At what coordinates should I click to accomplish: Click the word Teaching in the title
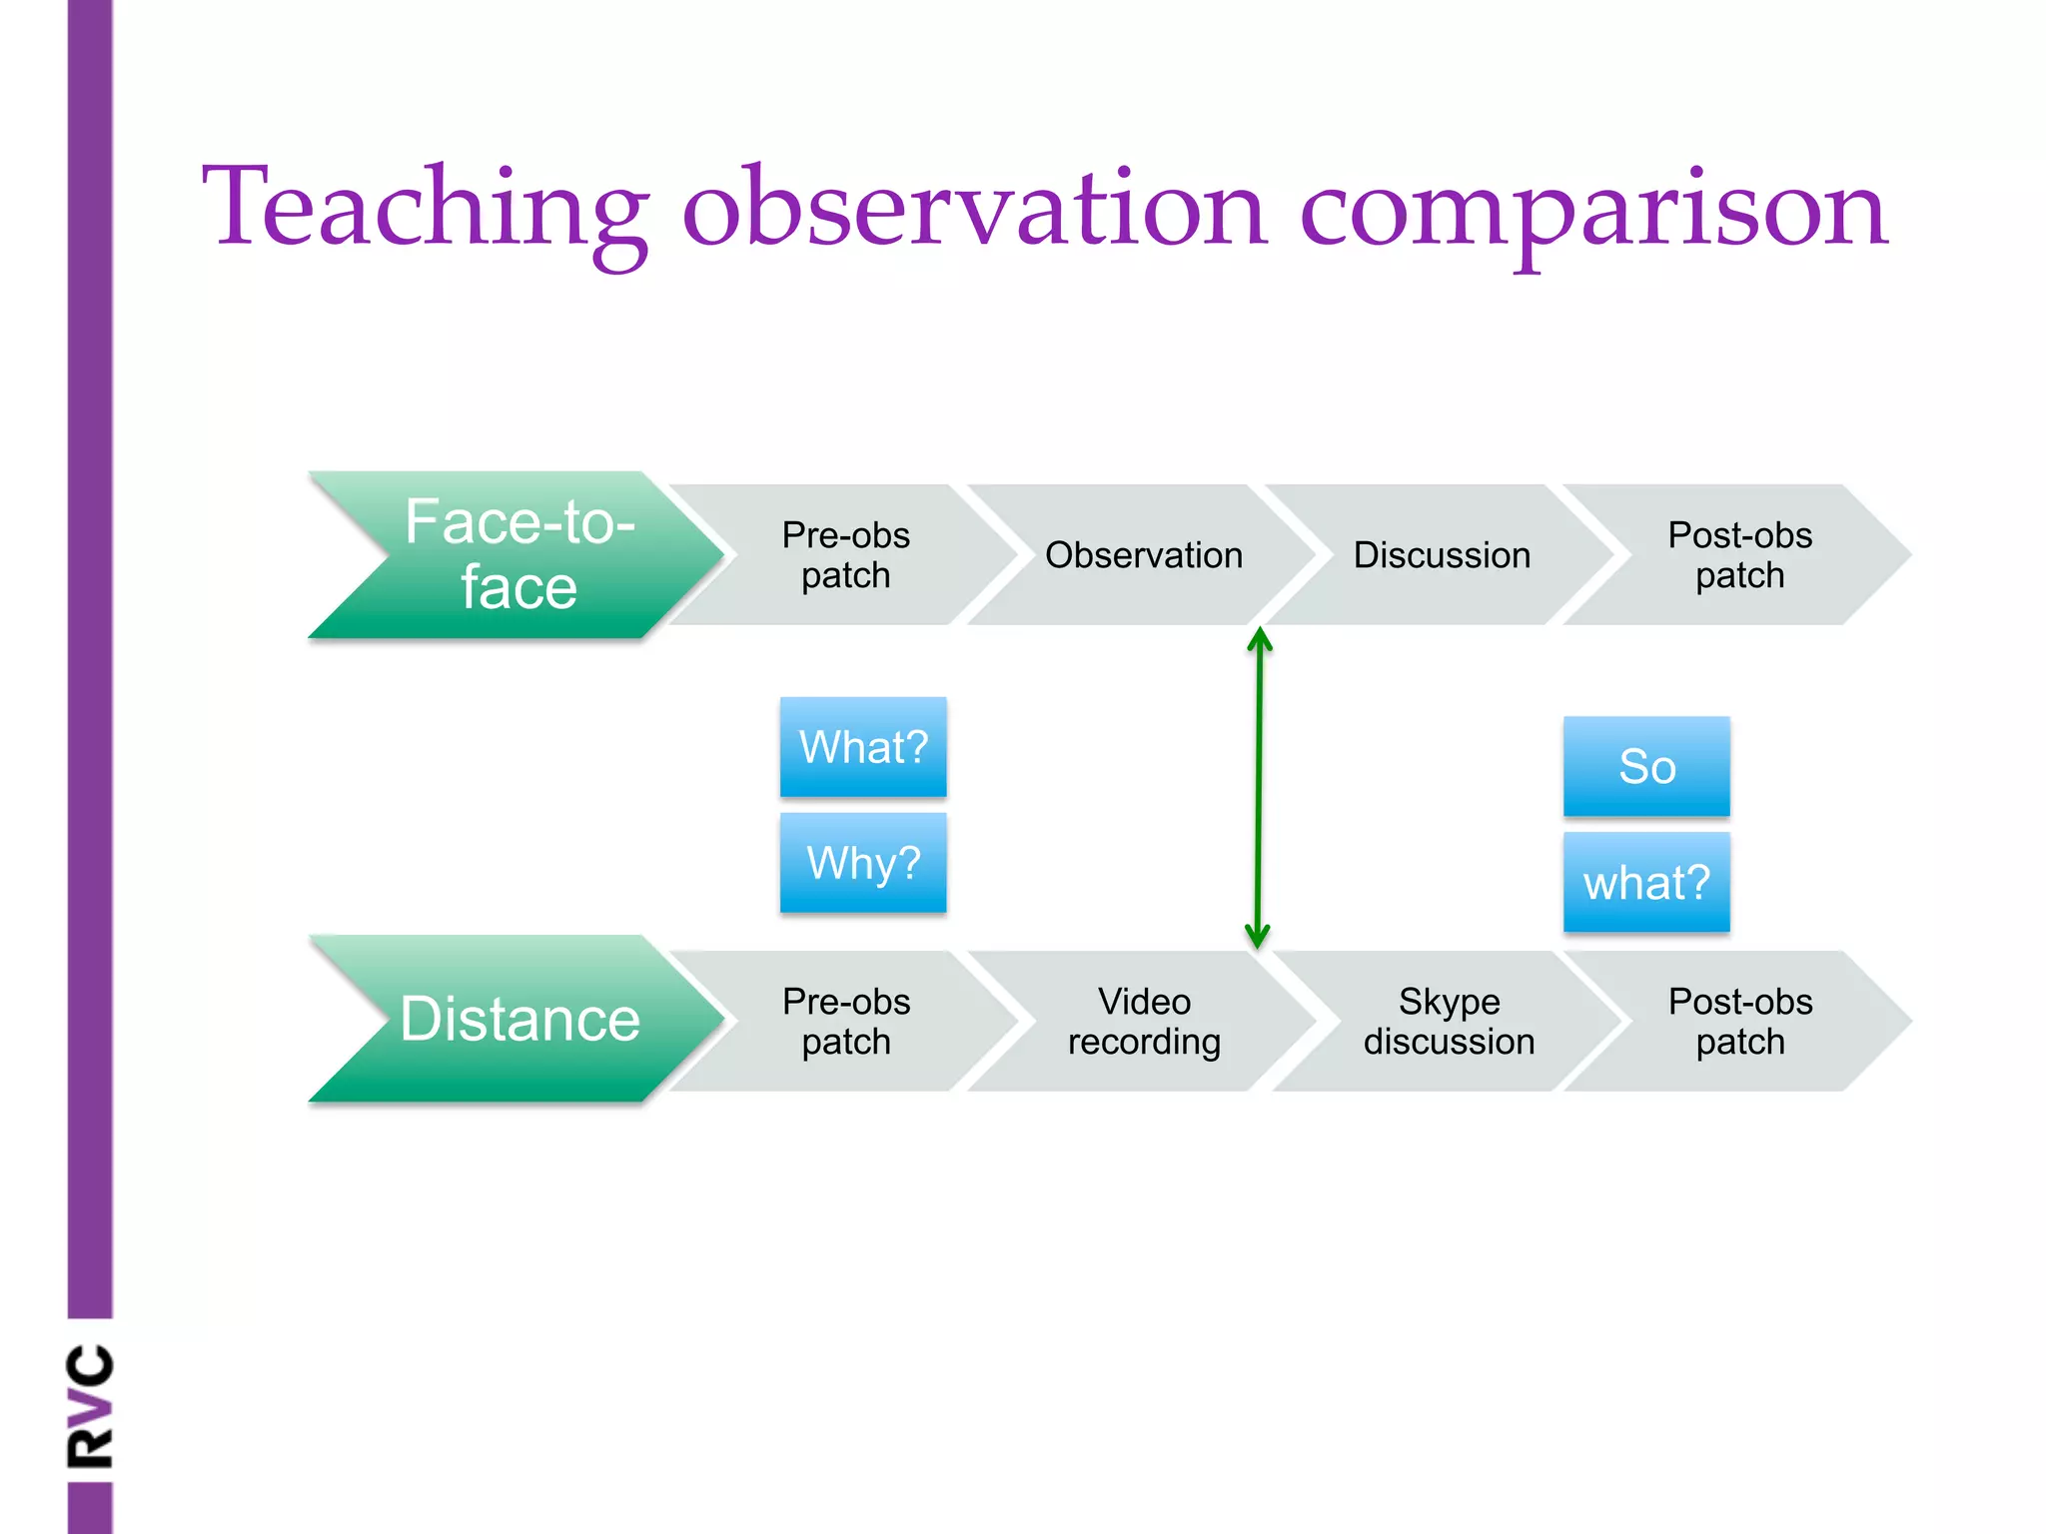(x=425, y=210)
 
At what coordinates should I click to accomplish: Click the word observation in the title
(x=974, y=210)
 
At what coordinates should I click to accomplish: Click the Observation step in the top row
(x=1144, y=555)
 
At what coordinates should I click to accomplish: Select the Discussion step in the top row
(x=1442, y=555)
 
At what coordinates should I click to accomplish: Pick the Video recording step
(x=1144, y=1021)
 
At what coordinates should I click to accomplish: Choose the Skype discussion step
(x=1449, y=1021)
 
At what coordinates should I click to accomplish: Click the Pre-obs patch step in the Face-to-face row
(x=845, y=555)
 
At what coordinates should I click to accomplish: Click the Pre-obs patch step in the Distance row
(x=845, y=1021)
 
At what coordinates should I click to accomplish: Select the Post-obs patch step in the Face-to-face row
(x=1739, y=555)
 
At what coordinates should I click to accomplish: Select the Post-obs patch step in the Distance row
(x=1739, y=1021)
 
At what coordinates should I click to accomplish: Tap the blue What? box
(x=863, y=747)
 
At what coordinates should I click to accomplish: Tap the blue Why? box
(x=863, y=863)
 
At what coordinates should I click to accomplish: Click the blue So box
(x=1646, y=767)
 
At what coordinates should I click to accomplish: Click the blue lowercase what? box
(x=1646, y=883)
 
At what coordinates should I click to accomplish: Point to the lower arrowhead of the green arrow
(x=1258, y=939)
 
